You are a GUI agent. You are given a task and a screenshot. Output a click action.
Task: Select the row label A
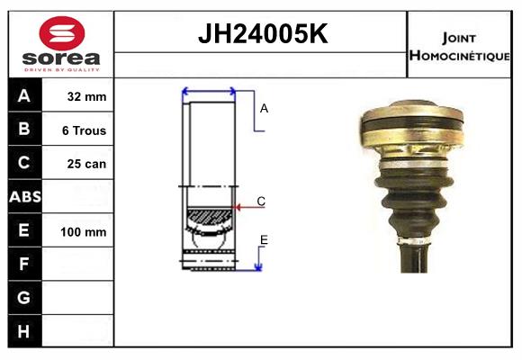[24, 96]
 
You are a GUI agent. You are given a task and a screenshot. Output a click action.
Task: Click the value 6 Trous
[84, 130]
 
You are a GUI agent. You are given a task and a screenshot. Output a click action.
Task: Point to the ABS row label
[24, 197]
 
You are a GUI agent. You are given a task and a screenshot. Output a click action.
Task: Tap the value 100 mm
[84, 231]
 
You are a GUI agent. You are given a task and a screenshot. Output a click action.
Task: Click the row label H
[24, 332]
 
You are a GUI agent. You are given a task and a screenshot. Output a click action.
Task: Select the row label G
[24, 298]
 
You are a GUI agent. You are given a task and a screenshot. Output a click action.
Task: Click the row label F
[24, 265]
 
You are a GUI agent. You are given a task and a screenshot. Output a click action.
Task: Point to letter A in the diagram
[264, 108]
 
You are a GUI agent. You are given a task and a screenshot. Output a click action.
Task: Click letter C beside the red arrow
[261, 202]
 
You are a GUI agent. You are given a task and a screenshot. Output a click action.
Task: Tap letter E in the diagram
[264, 239]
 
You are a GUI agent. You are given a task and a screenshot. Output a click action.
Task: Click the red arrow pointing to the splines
[247, 208]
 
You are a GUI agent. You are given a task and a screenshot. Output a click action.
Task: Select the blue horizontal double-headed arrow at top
[209, 91]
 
